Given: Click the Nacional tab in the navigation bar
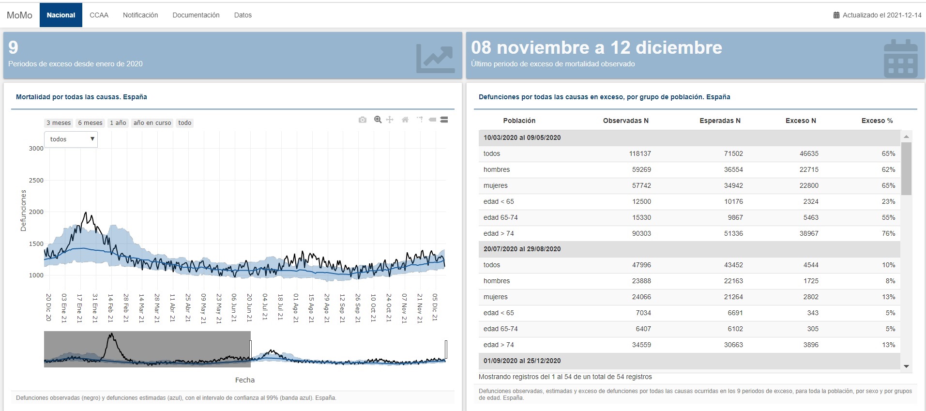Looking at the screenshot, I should coord(61,15).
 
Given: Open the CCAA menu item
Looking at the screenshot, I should coord(99,15).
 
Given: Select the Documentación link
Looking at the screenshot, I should coord(196,15).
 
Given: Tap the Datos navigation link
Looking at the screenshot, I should coord(243,15).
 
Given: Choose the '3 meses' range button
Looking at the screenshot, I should coord(59,123).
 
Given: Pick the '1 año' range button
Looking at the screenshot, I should coord(118,123).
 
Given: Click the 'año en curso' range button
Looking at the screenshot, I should coord(152,123).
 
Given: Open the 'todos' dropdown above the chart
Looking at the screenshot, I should coord(71,139).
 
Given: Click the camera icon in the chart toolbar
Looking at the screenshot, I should coord(363,120).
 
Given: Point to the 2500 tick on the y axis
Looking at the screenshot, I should coord(36,181).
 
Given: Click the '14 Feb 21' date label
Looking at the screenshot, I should coord(110,308).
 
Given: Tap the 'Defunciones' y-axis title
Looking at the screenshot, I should coord(23,211).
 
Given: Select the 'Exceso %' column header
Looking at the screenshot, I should coord(877,121).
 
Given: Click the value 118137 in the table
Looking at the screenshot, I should coord(640,153).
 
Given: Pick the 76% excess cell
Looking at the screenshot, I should coord(888,233).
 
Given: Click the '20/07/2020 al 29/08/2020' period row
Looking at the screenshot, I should coord(522,249).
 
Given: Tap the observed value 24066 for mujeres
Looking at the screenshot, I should coord(641,297).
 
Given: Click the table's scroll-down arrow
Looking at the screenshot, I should coord(907,366).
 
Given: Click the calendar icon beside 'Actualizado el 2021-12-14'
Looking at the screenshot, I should coord(836,15).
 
